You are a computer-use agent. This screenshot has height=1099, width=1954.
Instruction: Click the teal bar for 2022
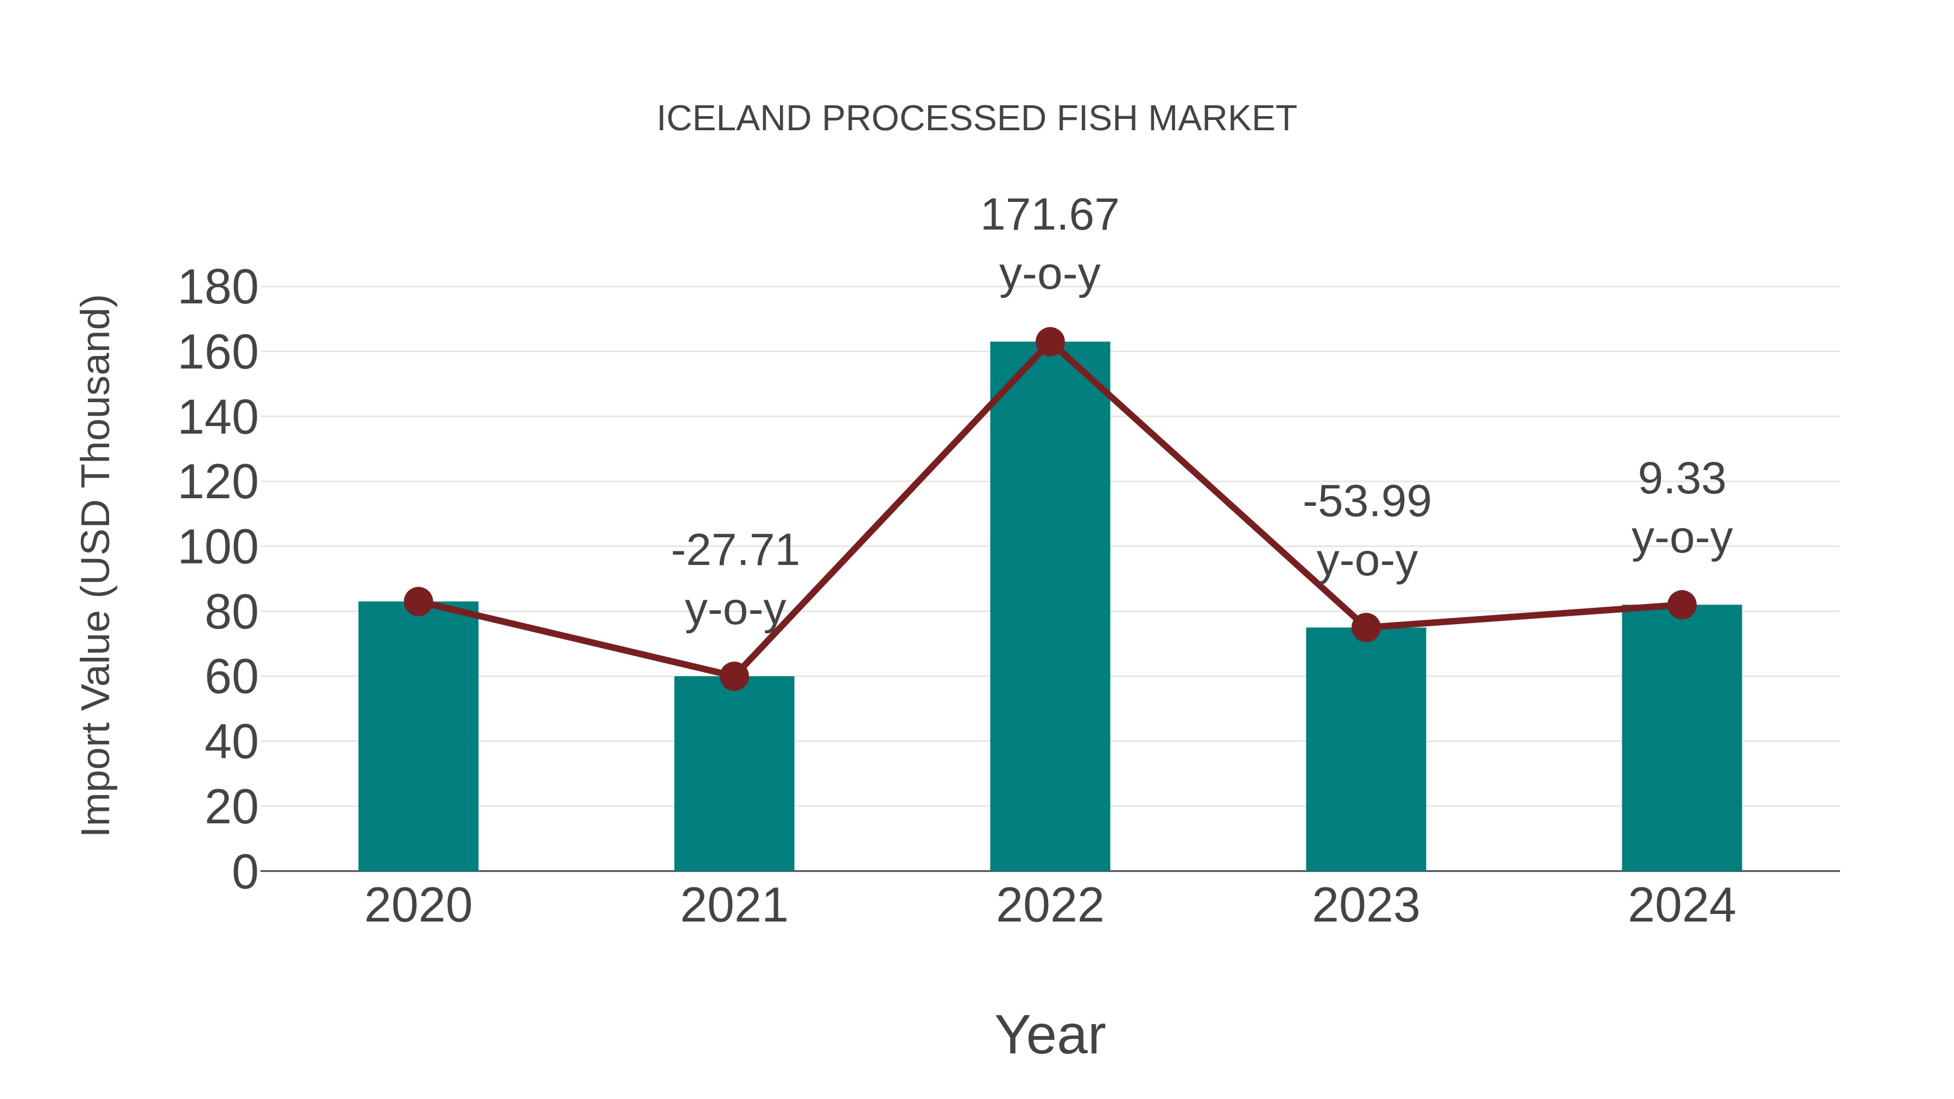1050,607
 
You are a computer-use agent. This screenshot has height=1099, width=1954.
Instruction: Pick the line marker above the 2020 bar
418,601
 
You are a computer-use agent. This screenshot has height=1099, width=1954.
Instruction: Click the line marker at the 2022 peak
1050,342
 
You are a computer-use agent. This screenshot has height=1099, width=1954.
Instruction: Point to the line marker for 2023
1366,627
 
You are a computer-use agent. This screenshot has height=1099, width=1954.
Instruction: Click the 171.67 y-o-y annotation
1049,244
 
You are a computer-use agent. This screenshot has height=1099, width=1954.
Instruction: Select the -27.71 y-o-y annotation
735,580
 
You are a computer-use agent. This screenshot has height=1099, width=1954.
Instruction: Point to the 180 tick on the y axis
218,288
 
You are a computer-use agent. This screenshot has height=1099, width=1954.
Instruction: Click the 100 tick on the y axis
218,548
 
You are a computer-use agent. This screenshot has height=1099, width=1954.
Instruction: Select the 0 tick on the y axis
244,872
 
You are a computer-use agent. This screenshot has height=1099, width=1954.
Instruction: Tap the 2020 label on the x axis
418,906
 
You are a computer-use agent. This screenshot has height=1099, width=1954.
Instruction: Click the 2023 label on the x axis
1366,906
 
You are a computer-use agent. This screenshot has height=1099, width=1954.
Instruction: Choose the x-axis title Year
1050,1034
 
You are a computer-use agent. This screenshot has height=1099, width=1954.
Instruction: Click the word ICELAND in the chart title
733,119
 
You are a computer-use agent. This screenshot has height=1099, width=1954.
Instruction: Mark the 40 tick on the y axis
231,742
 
